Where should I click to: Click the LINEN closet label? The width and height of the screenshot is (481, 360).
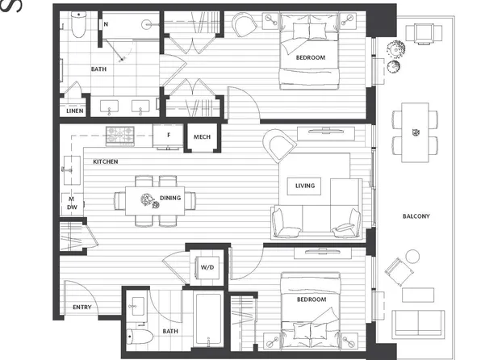pos(74,111)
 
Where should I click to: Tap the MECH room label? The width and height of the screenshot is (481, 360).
pos(202,137)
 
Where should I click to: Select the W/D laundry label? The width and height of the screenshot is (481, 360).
pos(207,267)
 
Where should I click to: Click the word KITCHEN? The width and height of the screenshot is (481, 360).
pos(105,162)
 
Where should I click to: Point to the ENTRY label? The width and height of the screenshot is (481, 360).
pos(82,308)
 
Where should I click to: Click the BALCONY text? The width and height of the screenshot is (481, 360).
pos(416,216)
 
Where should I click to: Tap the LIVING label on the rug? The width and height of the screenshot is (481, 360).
pos(304,186)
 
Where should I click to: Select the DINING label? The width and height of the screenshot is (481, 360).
pos(169,198)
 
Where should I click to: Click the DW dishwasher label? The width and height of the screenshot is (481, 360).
pos(71,208)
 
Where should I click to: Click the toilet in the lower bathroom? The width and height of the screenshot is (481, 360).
pos(138,337)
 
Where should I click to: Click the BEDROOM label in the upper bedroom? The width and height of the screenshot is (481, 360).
pos(310,58)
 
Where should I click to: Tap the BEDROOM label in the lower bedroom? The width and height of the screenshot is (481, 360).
pos(310,299)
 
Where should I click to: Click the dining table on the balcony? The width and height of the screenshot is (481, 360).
pos(416,128)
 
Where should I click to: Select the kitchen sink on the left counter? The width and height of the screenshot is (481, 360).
pos(69,171)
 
